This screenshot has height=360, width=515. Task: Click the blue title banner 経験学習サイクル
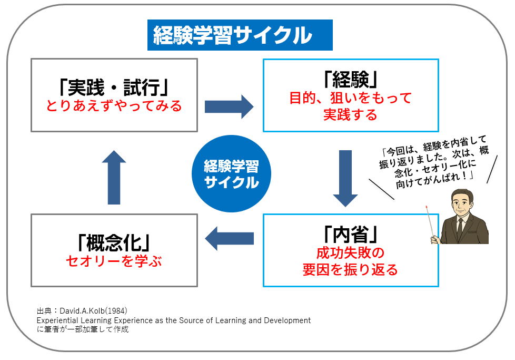point(240,35)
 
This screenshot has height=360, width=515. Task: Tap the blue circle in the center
point(231,173)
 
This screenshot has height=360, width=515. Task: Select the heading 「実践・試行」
point(114,87)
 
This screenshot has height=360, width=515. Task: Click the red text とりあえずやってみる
point(114,106)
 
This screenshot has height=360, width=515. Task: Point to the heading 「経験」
point(351,79)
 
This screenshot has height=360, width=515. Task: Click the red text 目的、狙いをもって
point(351,98)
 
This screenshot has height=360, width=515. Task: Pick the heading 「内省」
point(351,235)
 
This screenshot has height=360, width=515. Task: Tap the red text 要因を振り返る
point(350,269)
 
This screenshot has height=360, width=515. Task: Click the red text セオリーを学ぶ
point(114,261)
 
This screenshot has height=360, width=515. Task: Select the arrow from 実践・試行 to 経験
point(229,106)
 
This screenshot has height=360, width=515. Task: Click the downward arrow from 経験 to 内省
point(345,179)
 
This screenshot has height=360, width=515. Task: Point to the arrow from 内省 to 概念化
point(229,238)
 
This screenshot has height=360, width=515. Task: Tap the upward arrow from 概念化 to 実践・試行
point(114,178)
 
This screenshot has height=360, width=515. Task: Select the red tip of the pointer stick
point(427,207)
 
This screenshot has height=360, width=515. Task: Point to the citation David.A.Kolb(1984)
point(93,310)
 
